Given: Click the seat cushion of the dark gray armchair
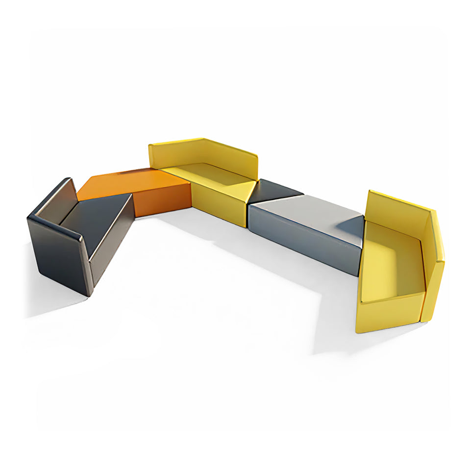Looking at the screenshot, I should (96, 216).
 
